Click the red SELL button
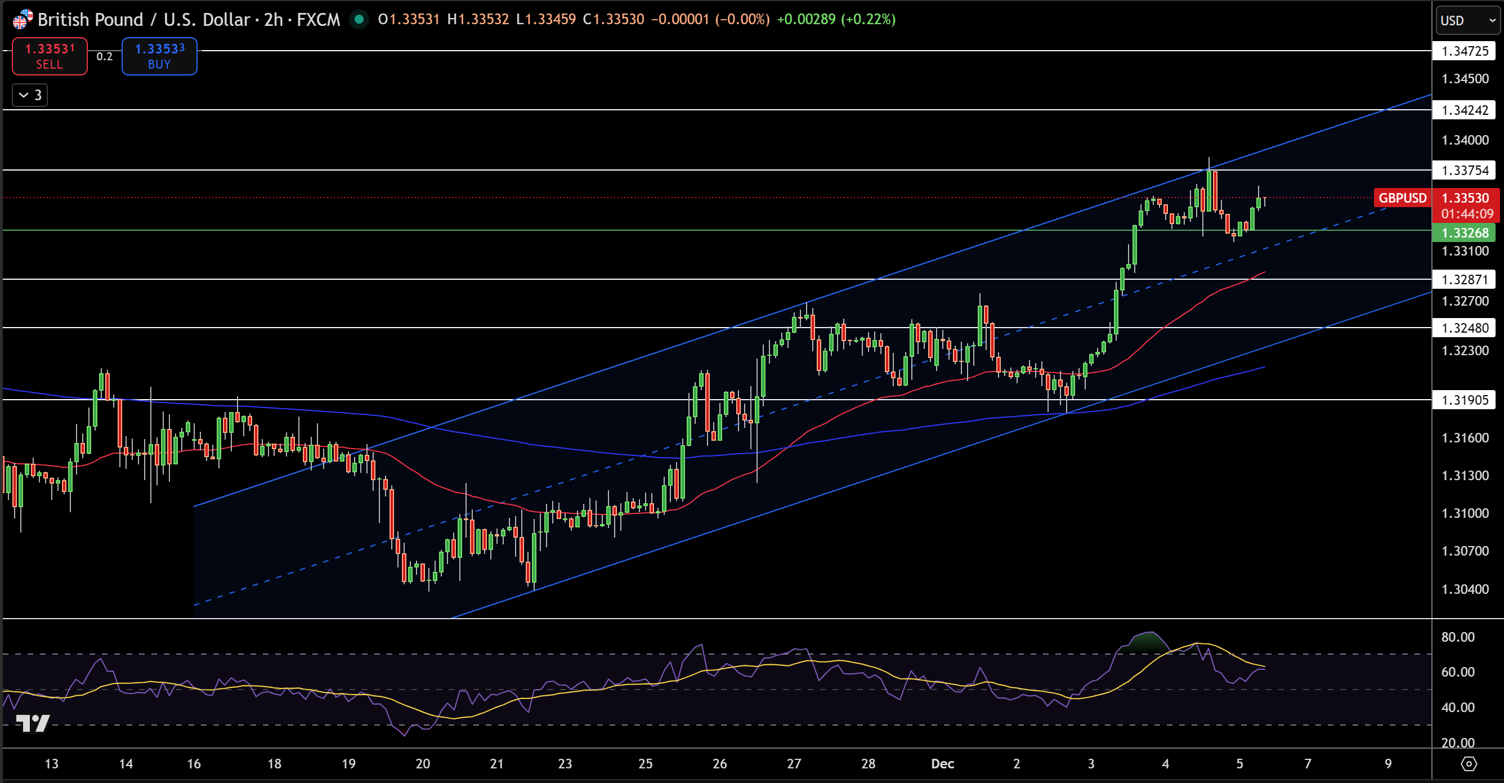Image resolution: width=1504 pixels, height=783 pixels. (x=50, y=57)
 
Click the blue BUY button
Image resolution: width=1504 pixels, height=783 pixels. (x=159, y=57)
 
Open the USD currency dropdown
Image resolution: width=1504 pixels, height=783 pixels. (x=1467, y=20)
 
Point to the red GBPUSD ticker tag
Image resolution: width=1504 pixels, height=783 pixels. (x=1402, y=198)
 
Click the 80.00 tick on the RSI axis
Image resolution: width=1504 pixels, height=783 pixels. (x=1457, y=637)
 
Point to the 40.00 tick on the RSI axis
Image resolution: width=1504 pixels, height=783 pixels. (x=1457, y=708)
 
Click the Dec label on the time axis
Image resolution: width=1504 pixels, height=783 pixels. (x=942, y=764)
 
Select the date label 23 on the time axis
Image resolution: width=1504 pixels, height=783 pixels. (x=565, y=764)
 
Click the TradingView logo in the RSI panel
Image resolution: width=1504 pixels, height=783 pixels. (x=33, y=723)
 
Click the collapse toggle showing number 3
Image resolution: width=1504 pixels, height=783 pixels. (x=30, y=95)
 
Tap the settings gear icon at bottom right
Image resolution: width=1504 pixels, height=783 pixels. (x=1469, y=764)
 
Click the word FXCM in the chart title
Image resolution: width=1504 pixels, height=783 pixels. (x=318, y=20)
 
